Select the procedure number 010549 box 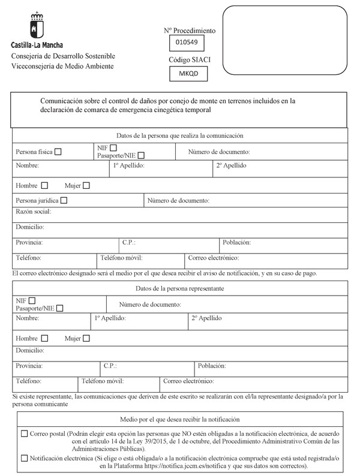coord(187,43)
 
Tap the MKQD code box coord(187,73)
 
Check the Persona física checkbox coord(58,152)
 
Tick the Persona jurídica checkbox coord(64,200)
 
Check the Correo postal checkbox coord(24,433)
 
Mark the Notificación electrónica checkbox coord(24,458)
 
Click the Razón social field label coord(34,212)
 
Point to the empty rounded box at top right coord(286,40)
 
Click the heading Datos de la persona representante coord(180,288)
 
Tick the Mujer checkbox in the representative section coord(86,338)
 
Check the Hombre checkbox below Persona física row coord(44,185)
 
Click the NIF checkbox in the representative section coord(32,300)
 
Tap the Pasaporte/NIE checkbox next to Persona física coord(140,156)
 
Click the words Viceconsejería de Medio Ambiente coord(62,65)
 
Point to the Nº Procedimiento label coord(190,30)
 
